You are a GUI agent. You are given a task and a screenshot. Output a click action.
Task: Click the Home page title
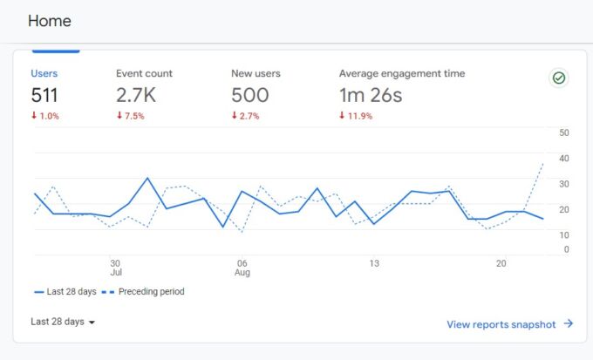[50, 21]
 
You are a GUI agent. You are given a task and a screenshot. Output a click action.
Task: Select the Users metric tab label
[45, 74]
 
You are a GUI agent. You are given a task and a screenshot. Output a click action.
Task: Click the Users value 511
[44, 96]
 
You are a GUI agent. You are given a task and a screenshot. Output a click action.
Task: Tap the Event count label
[144, 74]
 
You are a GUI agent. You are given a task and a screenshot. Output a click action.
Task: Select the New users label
[256, 74]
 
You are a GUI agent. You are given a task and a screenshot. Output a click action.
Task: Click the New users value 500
[250, 96]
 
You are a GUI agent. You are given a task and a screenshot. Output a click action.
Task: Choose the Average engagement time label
[402, 74]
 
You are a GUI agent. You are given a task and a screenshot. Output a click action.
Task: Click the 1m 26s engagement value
[371, 96]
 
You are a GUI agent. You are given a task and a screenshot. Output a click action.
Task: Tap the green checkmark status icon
[559, 78]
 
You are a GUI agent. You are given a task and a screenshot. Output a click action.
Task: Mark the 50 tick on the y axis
[564, 133]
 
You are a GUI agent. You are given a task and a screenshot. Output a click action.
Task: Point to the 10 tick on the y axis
[564, 234]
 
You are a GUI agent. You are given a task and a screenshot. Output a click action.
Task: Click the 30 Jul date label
[115, 267]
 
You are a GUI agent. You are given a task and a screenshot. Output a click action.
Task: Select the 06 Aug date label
[242, 267]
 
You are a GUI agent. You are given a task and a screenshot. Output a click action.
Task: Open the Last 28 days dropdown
[63, 322]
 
